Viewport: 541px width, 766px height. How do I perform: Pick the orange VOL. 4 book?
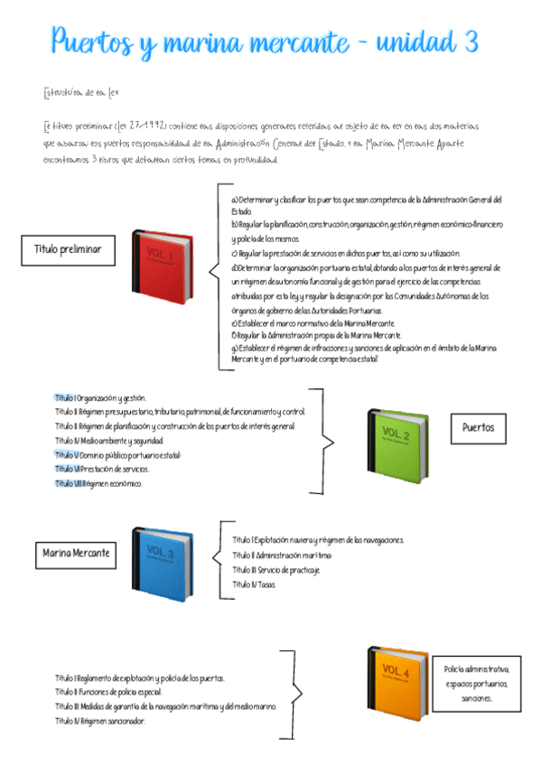(x=397, y=682)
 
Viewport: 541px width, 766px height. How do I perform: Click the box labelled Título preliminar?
(x=68, y=248)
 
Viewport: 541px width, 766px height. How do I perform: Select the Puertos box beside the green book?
(x=479, y=427)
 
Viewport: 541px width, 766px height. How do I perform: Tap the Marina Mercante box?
(x=75, y=551)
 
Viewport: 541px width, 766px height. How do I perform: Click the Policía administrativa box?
(x=477, y=684)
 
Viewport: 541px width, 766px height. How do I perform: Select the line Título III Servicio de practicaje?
(x=275, y=570)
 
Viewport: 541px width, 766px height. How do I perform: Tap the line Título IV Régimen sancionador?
(x=99, y=721)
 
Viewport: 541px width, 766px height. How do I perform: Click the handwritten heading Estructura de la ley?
(x=79, y=92)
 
